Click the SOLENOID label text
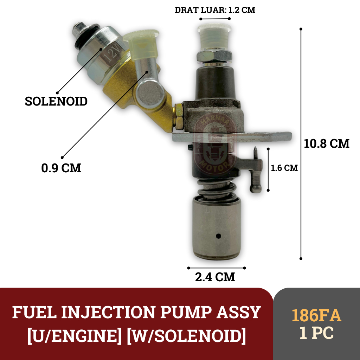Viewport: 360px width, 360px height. point(56,101)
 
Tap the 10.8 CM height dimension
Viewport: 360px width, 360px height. point(327,143)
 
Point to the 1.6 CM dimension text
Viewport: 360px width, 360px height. point(284,168)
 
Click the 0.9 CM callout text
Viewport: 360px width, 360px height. point(61,168)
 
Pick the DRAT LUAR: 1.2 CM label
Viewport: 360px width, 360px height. point(215,10)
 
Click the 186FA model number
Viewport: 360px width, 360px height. point(316,316)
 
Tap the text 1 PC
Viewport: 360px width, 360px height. point(316,333)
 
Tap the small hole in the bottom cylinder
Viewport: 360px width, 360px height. point(218,236)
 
